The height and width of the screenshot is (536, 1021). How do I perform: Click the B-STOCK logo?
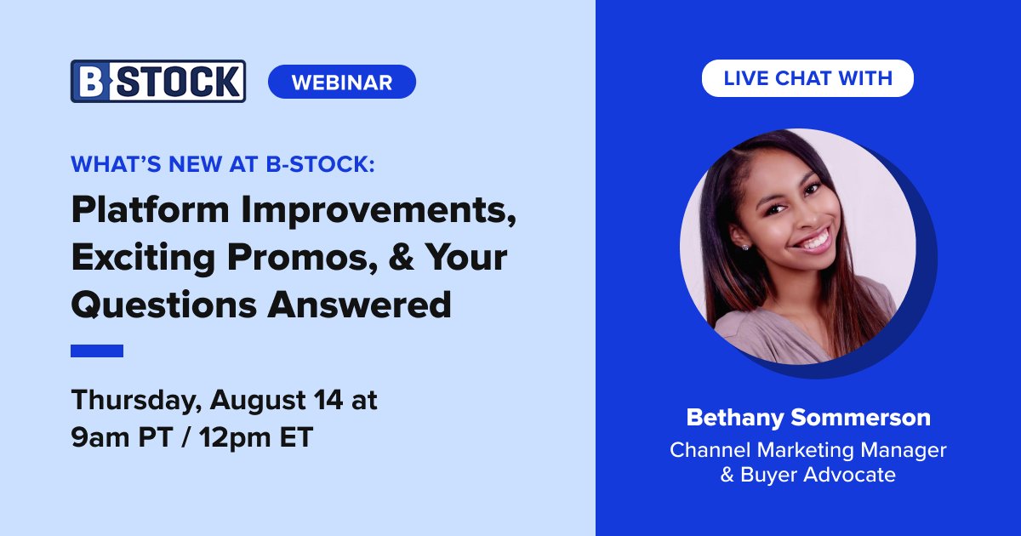point(158,82)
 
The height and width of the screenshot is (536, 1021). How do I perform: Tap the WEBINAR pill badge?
point(341,82)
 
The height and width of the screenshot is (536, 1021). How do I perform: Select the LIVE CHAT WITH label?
point(807,78)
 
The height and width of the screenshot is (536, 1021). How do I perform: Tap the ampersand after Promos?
point(411,258)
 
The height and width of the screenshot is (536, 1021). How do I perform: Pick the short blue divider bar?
point(97,351)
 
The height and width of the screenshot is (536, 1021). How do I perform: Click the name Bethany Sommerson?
point(807,418)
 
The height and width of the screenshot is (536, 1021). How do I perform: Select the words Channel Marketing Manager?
point(807,448)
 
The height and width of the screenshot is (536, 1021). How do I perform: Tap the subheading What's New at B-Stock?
point(223,165)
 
